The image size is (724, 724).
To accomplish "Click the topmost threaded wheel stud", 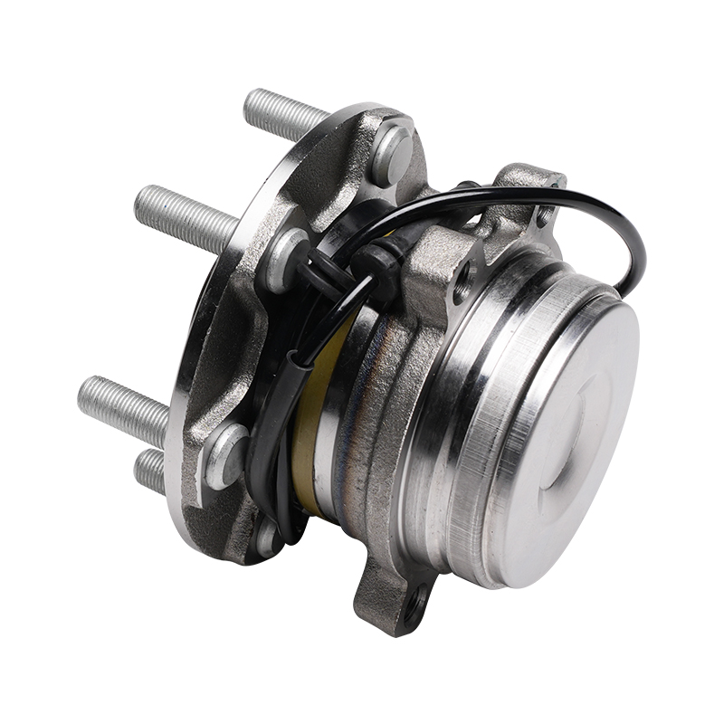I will click(x=285, y=114).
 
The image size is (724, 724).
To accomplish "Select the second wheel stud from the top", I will click(x=186, y=217).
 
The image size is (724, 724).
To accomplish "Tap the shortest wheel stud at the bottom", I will click(x=150, y=471).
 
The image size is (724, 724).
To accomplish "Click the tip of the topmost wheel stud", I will click(x=252, y=101).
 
